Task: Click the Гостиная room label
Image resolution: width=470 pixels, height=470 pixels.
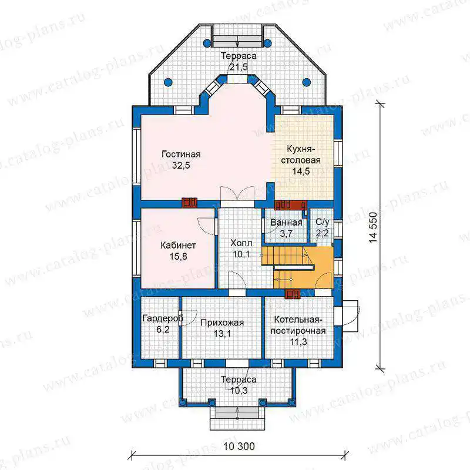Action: [181, 155]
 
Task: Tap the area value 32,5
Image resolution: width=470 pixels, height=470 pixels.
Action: [181, 166]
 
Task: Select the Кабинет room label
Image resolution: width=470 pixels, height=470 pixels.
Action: [179, 246]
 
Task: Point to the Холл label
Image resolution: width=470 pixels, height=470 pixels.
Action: [241, 243]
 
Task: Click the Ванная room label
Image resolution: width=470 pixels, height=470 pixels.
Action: [286, 223]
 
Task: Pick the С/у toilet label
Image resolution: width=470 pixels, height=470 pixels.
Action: [323, 222]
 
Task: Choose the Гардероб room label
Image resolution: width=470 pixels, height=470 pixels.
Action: [163, 318]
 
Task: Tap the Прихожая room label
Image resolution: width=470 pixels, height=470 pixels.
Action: [222, 323]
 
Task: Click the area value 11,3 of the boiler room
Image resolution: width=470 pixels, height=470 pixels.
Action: [298, 342]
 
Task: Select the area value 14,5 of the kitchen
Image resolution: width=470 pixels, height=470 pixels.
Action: [301, 172]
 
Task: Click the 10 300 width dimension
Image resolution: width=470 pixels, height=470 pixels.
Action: [239, 446]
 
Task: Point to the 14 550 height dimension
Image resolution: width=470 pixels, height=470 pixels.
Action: [373, 227]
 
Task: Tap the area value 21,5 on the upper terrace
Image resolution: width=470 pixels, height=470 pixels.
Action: [239, 67]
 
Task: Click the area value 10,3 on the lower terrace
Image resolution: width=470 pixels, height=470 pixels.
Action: [239, 391]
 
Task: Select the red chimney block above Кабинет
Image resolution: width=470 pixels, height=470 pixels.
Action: [189, 203]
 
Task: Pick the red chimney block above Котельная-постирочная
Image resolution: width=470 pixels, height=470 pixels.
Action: [293, 295]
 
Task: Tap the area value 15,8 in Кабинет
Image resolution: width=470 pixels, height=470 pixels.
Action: [179, 257]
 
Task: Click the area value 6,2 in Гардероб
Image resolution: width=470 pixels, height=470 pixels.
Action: [163, 330]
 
